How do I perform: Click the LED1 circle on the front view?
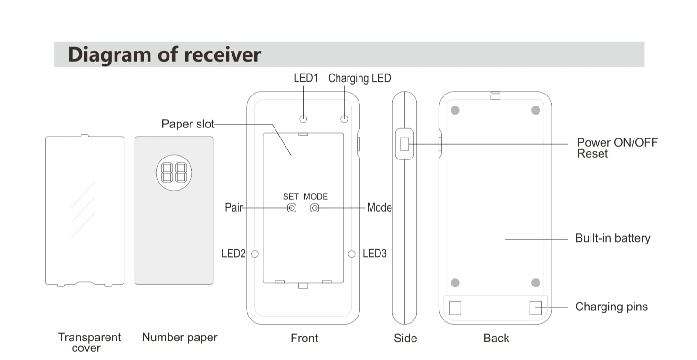point(303,119)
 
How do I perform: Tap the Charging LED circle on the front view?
point(344,119)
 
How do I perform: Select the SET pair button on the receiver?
point(291,208)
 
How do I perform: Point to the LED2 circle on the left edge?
point(254,254)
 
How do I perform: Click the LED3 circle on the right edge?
point(352,254)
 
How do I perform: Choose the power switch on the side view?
point(404,144)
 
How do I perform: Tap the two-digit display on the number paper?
point(174,172)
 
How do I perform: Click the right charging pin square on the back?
point(536,308)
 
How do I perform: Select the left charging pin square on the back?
point(455,308)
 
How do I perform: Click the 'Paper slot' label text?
point(188,124)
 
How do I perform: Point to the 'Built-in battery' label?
point(613,238)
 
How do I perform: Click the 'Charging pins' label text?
point(611,307)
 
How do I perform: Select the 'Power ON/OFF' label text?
point(617,142)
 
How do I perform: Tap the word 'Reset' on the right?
point(592,154)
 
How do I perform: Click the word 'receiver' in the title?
point(222,54)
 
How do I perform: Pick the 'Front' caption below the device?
point(304,338)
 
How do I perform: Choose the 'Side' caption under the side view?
point(405,338)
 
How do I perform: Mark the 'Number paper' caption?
point(180,338)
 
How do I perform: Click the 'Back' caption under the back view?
point(496,338)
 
